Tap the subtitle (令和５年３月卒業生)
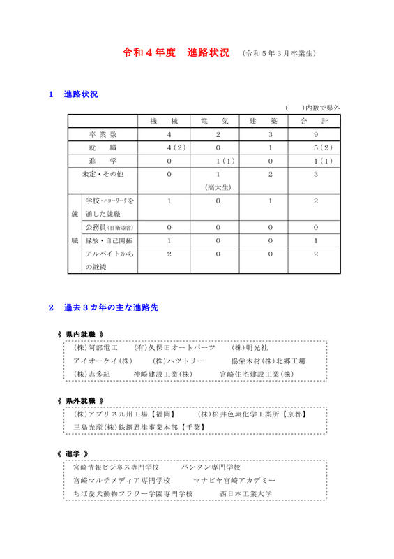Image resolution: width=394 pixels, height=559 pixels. pos(279,54)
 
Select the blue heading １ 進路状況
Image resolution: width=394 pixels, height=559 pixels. pos(73,94)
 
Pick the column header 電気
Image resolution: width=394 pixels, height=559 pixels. pos(219,122)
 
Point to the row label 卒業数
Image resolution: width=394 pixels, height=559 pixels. pos(103,135)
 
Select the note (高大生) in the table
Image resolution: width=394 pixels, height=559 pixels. pos(218,187)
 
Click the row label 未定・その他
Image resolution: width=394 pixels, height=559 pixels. pos(103,174)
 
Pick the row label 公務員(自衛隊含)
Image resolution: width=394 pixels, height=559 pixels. pos(109,228)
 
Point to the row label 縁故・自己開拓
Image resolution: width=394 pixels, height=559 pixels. pos(109,241)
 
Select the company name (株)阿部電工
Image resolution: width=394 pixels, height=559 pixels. pos(96,348)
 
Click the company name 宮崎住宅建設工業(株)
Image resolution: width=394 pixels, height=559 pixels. pos(257,375)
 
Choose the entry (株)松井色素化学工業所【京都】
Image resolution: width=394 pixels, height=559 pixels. pos(253,414)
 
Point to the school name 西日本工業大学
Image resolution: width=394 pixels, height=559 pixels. pos(245,493)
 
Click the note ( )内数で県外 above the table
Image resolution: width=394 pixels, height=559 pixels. pos(312,108)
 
